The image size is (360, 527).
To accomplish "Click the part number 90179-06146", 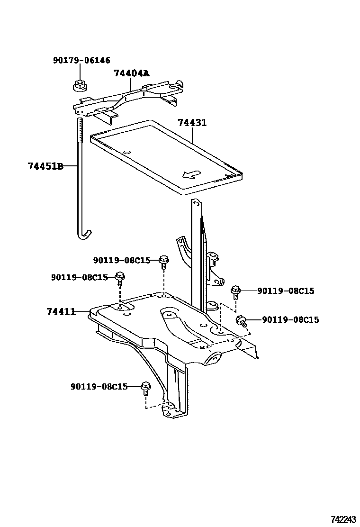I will [81, 60].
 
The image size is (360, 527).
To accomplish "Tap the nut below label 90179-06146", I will [79, 86].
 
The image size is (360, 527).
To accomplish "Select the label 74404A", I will [131, 73].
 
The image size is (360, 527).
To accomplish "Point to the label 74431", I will [192, 123].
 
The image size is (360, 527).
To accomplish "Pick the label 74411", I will [61, 311].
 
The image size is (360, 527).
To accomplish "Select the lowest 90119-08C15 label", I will [99, 387].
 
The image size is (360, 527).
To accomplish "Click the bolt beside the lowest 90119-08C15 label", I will [146, 389].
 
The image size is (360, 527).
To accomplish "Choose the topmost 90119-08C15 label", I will [122, 260].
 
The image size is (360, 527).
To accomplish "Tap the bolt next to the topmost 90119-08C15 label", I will [164, 261].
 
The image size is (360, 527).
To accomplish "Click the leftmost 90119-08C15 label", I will [80, 278].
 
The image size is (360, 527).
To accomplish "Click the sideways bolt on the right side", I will [241, 321].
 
